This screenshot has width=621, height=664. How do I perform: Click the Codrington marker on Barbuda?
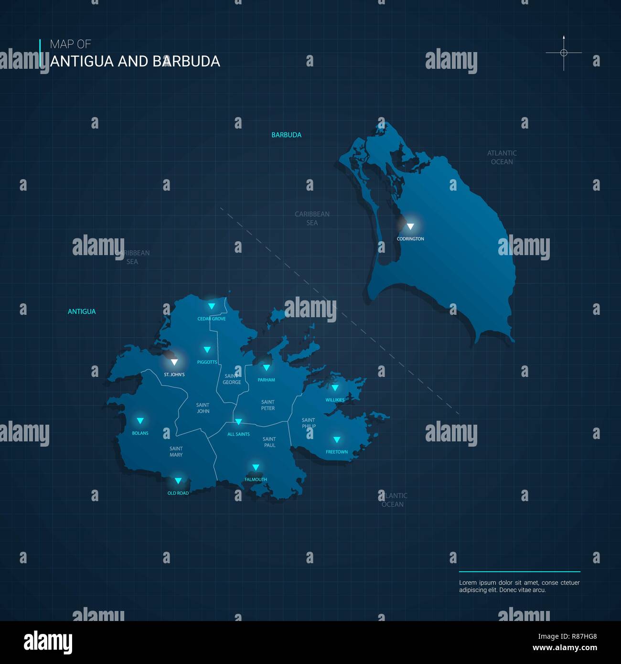tap(410, 226)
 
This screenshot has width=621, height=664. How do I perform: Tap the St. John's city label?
tap(174, 375)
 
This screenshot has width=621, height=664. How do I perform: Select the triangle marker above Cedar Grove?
tap(211, 306)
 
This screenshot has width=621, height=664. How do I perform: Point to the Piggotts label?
tap(207, 362)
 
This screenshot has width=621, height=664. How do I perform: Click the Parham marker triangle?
tap(267, 368)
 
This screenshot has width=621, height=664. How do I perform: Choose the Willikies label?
tap(335, 400)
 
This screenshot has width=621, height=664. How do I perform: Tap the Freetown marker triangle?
tap(337, 439)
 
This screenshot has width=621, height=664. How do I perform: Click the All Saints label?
tap(238, 434)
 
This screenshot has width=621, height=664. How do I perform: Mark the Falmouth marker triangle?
tap(256, 467)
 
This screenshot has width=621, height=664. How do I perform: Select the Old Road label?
tap(178, 493)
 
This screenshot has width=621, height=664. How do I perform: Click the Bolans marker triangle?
tap(140, 421)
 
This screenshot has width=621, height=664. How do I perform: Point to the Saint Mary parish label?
tap(176, 451)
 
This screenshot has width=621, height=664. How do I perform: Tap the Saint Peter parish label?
tap(268, 405)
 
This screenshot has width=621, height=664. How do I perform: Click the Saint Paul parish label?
tap(269, 442)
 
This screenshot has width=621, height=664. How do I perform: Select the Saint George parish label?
tap(232, 379)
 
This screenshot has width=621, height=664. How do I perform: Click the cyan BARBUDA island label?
tap(287, 135)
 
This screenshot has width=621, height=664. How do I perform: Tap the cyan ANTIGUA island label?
tap(82, 311)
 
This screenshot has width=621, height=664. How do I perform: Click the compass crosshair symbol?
tap(564, 53)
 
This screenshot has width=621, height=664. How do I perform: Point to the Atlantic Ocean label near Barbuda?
tap(502, 157)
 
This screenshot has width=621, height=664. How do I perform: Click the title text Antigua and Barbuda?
tap(135, 61)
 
